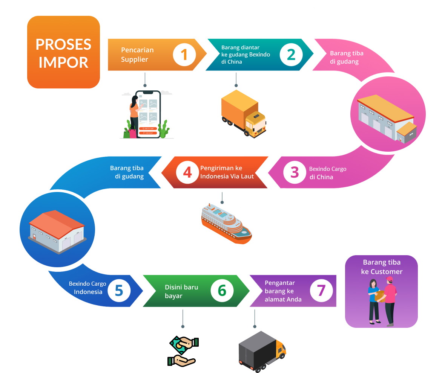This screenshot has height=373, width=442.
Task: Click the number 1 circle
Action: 184,55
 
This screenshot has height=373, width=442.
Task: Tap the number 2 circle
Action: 291,55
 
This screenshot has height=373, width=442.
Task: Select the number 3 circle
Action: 295,172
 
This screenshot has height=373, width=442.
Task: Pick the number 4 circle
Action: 187,172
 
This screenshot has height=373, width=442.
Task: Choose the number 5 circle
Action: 119,291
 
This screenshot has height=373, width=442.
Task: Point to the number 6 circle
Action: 222,291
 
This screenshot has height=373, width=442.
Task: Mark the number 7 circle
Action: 321,291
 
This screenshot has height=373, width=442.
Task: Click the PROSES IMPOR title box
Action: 63,52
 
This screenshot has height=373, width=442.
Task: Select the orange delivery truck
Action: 244,113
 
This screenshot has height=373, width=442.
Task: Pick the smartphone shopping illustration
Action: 147,114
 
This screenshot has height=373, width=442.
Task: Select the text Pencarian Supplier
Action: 137,55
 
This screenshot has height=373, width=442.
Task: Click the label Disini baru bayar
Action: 181,291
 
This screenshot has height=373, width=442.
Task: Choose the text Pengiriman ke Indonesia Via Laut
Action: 227,172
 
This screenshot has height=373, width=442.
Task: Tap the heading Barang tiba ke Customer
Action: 382,267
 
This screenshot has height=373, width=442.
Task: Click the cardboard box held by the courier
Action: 380,295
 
